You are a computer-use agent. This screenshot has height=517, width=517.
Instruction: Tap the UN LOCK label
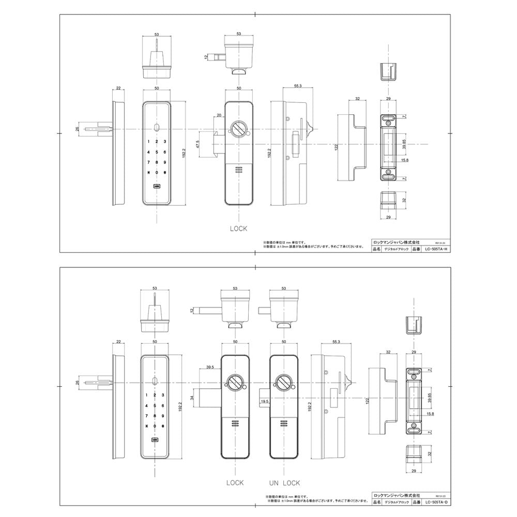click(284, 483)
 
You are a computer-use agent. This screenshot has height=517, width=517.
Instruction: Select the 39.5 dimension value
click(210, 368)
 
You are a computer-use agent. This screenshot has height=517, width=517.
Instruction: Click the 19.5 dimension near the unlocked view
click(264, 401)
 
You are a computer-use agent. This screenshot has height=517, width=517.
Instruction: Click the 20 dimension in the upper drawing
click(219, 115)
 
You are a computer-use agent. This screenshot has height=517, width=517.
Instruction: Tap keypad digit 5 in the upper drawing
click(157, 152)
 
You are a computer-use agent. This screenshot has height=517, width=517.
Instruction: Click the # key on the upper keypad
click(165, 173)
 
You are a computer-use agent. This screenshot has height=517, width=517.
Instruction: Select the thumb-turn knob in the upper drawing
click(239, 128)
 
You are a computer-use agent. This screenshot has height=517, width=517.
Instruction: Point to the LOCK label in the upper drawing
click(238, 228)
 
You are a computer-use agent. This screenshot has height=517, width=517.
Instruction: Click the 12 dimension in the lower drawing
click(191, 310)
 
